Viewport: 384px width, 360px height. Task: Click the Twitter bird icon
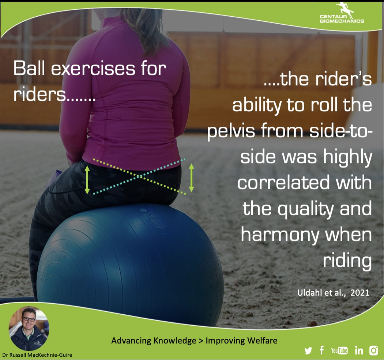pyautogui.click(x=308, y=351)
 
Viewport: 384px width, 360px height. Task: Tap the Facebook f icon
pyautogui.click(x=322, y=350)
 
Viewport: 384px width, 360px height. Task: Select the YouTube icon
pyautogui.click(x=339, y=350)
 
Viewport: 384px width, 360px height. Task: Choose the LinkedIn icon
pyautogui.click(x=359, y=350)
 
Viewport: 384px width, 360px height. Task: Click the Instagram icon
pyautogui.click(x=374, y=350)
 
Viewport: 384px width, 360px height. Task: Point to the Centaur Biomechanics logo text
pyautogui.click(x=342, y=19)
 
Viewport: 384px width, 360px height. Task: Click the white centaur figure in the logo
pyautogui.click(x=345, y=10)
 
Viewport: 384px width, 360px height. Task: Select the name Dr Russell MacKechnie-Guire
pyautogui.click(x=37, y=355)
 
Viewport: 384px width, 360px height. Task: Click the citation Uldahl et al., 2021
pyautogui.click(x=333, y=293)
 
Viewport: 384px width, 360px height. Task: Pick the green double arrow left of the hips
pyautogui.click(x=87, y=180)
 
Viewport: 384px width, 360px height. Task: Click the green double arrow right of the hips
pyautogui.click(x=192, y=178)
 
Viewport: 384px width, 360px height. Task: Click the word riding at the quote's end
pyautogui.click(x=347, y=261)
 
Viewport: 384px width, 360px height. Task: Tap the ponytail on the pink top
pyautogui.click(x=147, y=30)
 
